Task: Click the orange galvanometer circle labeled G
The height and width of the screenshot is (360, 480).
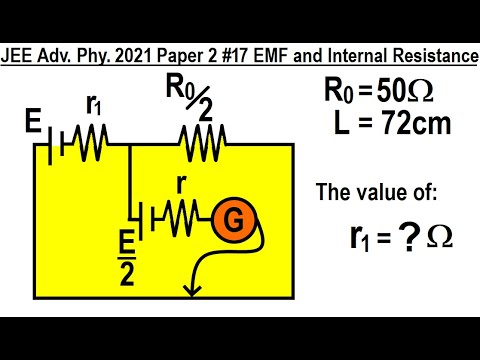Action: pyautogui.click(x=232, y=219)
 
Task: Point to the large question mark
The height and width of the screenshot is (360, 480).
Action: pyautogui.click(x=395, y=236)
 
